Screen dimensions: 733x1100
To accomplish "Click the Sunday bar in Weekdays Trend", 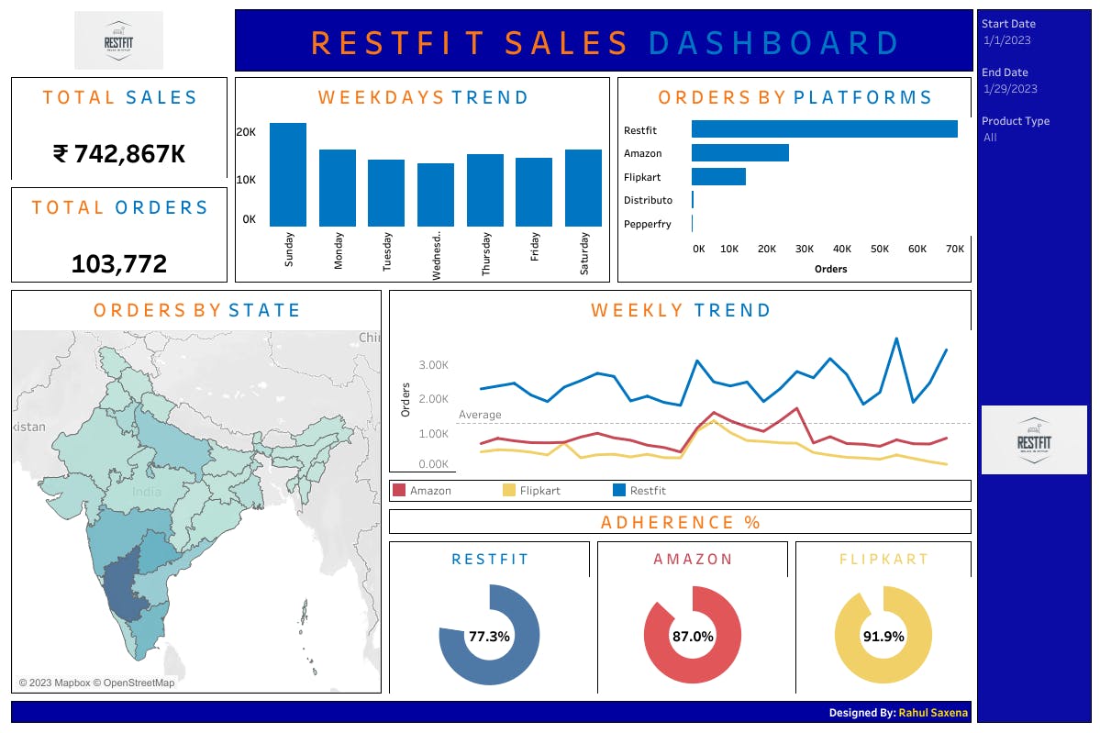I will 288,174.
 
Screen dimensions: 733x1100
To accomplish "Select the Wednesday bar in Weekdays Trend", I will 436,194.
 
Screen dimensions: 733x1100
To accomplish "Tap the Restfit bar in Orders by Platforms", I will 824,129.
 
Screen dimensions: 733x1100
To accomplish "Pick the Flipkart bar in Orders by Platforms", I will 718,176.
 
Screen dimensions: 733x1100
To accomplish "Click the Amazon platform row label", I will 642,153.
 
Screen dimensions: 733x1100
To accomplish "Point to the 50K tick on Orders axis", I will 880,249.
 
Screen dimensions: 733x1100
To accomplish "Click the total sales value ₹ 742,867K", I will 119,154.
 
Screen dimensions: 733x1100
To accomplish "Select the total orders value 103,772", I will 119,265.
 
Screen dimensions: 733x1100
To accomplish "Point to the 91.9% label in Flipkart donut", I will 883,636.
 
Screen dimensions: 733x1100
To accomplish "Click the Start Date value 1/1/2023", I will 1006,40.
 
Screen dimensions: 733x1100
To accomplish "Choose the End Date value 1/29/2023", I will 1010,89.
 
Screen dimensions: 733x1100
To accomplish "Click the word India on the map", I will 147,492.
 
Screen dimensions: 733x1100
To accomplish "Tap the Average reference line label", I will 480,415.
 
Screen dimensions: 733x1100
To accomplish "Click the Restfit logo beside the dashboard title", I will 118,40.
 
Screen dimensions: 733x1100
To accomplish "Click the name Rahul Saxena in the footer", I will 932,713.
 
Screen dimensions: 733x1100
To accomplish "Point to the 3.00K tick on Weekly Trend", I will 433,365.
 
